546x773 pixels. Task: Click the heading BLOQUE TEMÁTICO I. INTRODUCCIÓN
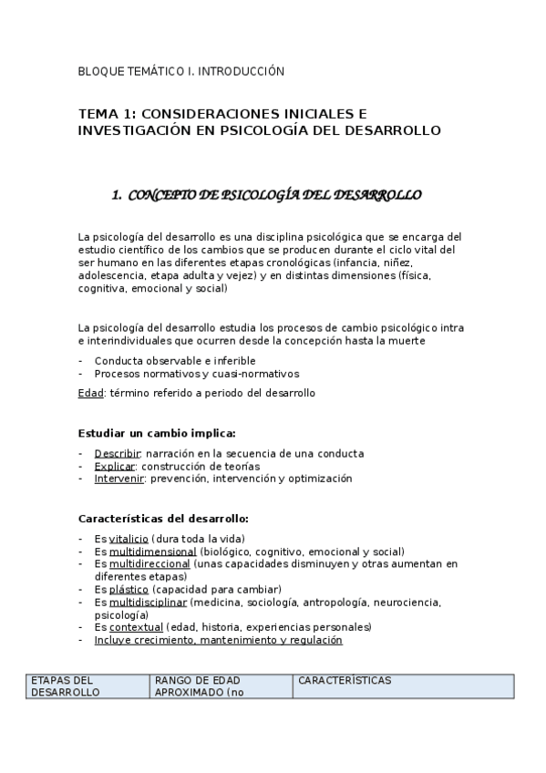[181, 70]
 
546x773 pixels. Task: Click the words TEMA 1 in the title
[106, 114]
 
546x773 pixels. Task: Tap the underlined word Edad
[91, 393]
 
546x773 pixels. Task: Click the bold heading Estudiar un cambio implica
[157, 433]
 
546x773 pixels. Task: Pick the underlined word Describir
[118, 453]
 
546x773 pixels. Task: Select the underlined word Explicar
[115, 466]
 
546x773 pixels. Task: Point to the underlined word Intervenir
[118, 479]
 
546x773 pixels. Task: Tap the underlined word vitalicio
[129, 538]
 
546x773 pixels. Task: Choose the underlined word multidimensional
[152, 551]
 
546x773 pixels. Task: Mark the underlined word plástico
[129, 589]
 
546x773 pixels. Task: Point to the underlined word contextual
[136, 627]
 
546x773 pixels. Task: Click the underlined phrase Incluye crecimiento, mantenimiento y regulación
[218, 640]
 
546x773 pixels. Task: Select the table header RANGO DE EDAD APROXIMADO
[206, 685]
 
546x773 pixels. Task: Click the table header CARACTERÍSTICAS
[345, 680]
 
